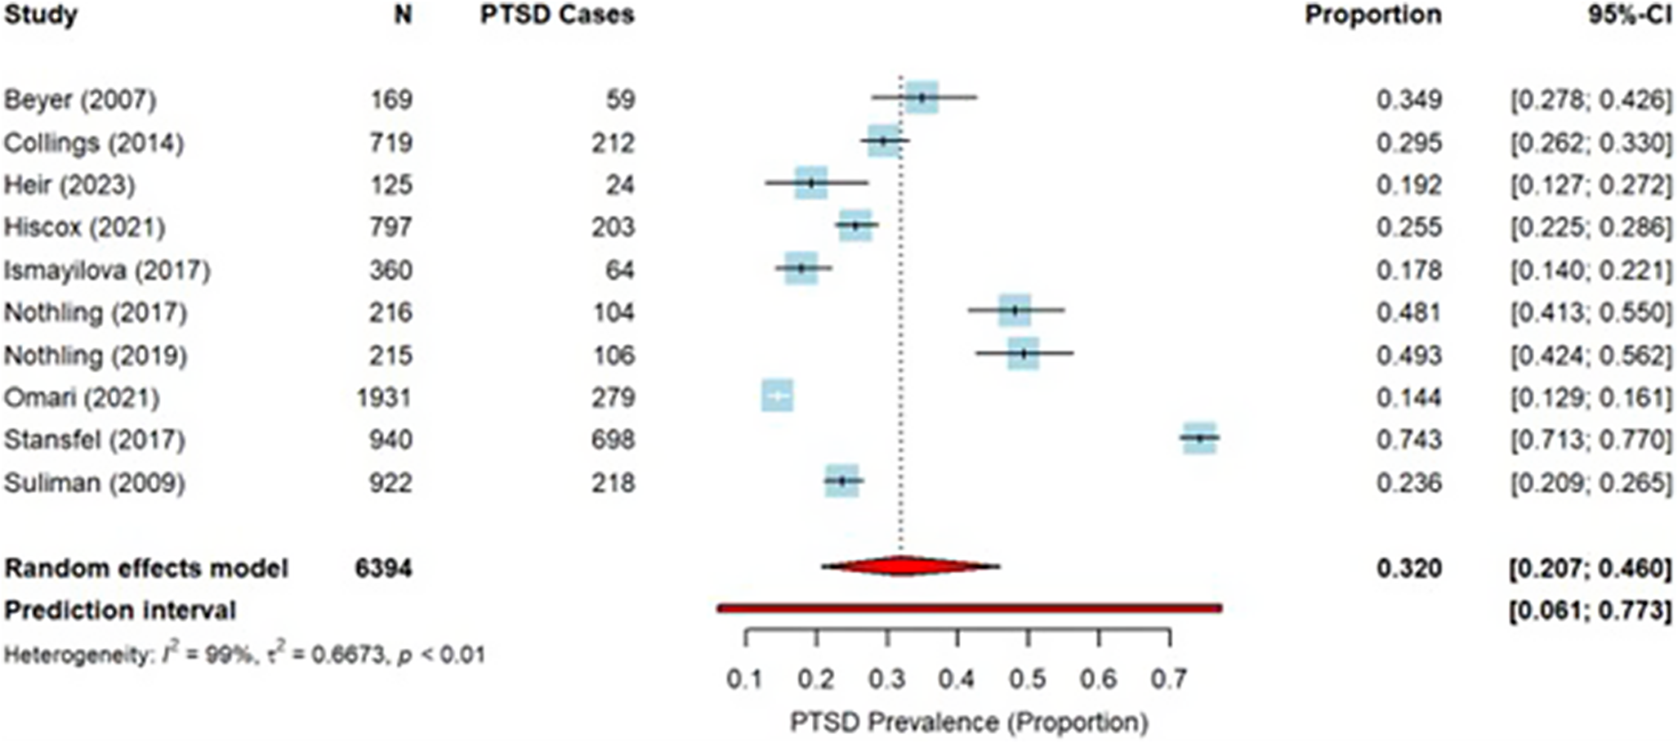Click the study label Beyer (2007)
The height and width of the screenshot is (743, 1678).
79,100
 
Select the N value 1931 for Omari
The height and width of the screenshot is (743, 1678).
384,398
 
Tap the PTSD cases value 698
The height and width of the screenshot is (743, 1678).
614,441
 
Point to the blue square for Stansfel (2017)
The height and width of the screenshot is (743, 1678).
1199,439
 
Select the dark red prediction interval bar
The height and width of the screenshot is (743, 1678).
969,608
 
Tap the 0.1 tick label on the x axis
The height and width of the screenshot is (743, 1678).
745,679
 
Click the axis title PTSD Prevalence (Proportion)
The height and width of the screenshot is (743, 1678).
969,723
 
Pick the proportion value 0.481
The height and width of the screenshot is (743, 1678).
1408,313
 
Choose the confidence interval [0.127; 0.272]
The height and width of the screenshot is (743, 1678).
1590,186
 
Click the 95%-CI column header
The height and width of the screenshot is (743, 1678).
1629,16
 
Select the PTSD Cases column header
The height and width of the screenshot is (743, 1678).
557,16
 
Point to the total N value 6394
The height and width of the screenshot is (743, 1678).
383,568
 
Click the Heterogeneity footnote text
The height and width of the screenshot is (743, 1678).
244,655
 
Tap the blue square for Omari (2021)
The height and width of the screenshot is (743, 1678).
777,396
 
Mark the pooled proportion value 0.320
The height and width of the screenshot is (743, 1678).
1408,568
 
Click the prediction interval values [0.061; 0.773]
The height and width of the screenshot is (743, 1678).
1590,611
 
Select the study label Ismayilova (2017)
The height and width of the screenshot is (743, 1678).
107,271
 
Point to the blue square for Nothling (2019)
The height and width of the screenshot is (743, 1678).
1023,354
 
